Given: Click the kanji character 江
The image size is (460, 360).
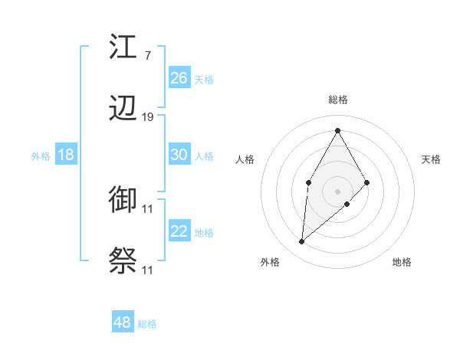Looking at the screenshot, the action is click(123, 47).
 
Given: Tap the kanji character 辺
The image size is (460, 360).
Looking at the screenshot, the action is click(123, 109).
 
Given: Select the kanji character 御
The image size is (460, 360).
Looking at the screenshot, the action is click(123, 200).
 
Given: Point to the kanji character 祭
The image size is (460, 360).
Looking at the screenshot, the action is click(123, 261).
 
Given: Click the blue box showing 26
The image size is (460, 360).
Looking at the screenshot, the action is click(179, 77).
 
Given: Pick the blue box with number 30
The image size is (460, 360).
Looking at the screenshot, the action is click(179, 154).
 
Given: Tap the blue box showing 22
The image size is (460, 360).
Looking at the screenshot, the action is click(179, 231).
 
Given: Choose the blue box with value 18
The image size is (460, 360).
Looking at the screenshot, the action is click(66, 155).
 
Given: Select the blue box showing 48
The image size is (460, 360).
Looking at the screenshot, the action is click(123, 322).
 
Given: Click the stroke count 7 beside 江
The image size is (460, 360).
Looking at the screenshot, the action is click(147, 56).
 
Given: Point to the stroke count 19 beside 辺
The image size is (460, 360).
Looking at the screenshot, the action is click(148, 117).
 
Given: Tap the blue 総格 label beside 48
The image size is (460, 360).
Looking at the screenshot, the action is click(147, 324).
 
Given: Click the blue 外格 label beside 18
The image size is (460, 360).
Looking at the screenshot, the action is click(41, 156).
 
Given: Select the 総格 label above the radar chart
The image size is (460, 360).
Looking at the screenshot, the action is click(337, 100).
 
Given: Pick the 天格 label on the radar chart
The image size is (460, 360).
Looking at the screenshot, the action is click(432, 159).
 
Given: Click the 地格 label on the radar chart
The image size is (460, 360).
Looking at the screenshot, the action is click(402, 262).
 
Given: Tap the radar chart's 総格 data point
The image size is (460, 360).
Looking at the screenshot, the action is click(337, 131).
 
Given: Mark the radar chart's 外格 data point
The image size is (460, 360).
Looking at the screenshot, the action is click(302, 242).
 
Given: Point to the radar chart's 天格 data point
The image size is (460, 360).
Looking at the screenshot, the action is click(367, 182).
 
